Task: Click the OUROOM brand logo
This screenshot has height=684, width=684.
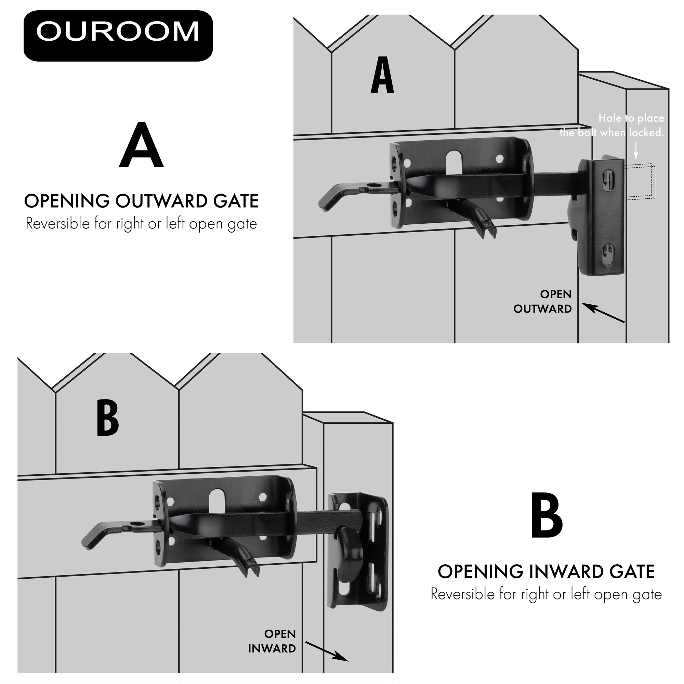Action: click(x=118, y=36)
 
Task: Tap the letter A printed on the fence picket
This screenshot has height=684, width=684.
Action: click(x=382, y=75)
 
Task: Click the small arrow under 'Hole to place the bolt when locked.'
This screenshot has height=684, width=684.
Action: click(x=636, y=151)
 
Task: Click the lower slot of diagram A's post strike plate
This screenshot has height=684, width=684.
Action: click(x=607, y=253)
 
